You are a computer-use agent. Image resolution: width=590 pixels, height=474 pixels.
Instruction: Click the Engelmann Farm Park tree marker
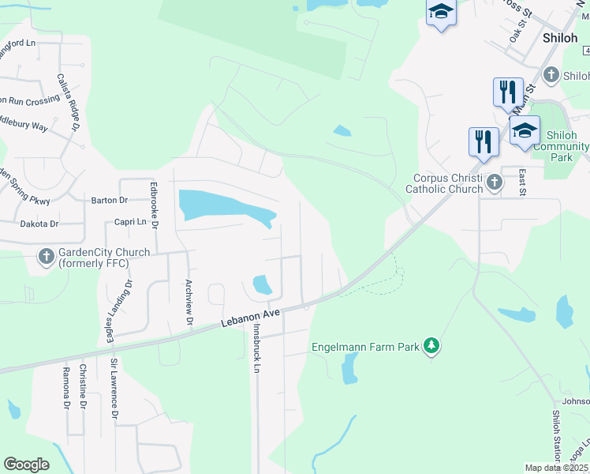(431, 346)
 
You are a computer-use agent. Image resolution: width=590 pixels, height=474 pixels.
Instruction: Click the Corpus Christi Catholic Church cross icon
(494, 183)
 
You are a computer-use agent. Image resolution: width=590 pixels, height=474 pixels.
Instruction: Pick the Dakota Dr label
(39, 224)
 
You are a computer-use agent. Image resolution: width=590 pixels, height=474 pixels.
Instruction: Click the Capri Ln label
(130, 223)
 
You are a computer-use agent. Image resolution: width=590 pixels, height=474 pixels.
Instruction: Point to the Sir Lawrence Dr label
(114, 388)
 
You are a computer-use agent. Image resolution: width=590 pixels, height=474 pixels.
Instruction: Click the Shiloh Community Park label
(561, 146)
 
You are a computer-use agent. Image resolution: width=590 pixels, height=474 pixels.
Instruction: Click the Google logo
(26, 465)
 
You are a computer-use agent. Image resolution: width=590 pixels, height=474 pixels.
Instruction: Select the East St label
(521, 182)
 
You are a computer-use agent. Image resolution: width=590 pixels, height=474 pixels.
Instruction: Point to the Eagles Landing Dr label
(115, 313)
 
